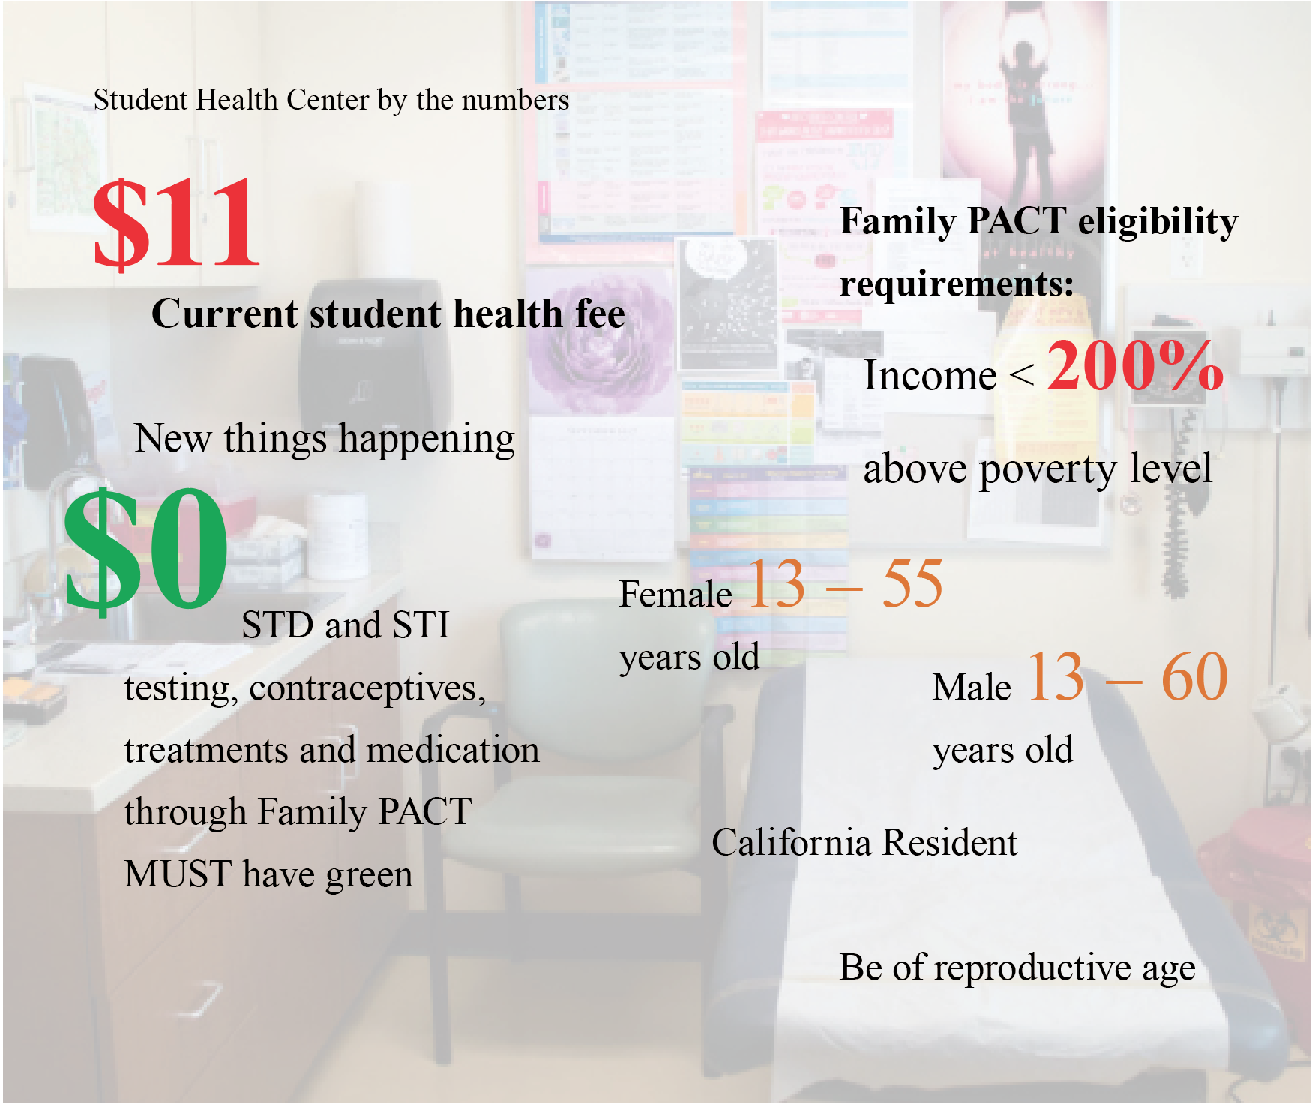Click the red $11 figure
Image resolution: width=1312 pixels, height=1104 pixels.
(176, 223)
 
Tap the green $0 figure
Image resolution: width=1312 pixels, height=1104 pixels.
(145, 550)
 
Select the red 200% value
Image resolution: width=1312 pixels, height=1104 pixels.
(1134, 365)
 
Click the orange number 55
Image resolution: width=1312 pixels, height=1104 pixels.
(912, 584)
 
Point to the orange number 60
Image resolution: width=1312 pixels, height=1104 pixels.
(1194, 677)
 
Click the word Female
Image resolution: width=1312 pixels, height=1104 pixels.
(675, 595)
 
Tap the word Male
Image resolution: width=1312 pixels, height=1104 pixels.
(972, 687)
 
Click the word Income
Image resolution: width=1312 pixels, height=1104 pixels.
(930, 375)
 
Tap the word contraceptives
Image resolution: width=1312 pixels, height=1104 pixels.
(367, 689)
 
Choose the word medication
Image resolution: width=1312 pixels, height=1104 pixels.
(453, 750)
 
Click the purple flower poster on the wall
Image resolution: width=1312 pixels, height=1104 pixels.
(601, 341)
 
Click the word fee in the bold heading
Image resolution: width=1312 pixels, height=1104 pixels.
(600, 313)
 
